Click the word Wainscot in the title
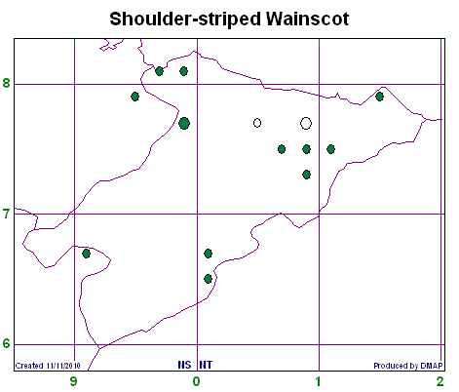tap(308, 19)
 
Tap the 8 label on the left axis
tap(7, 83)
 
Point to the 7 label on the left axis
tap(7, 214)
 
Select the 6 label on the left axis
tap(7, 343)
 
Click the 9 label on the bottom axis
tap(74, 381)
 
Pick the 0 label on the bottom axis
tap(196, 381)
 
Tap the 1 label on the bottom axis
tap(319, 381)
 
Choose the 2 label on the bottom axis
tap(440, 381)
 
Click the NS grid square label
tap(184, 365)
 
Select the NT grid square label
tap(206, 365)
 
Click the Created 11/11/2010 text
tap(48, 366)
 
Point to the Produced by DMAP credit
tap(408, 366)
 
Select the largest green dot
tap(184, 123)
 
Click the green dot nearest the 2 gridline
tap(379, 97)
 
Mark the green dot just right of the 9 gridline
tap(86, 254)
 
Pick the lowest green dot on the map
tap(209, 279)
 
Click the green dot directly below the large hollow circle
tap(306, 149)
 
